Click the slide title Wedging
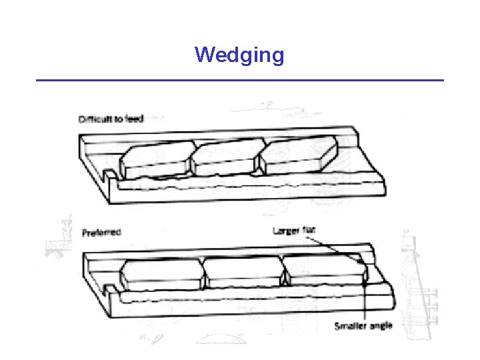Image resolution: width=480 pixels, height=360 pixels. pyautogui.click(x=239, y=54)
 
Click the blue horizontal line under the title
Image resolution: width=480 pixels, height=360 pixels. pyautogui.click(x=239, y=80)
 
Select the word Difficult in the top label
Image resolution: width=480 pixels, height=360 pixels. pyautogui.click(x=94, y=120)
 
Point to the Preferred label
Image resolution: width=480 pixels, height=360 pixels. pyautogui.click(x=101, y=233)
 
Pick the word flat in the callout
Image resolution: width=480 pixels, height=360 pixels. pyautogui.click(x=309, y=231)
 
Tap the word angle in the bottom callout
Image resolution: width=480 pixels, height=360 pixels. pyautogui.click(x=380, y=326)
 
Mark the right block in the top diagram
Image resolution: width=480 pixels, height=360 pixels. pyautogui.click(x=297, y=155)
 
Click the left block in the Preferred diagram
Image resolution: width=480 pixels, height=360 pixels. pyautogui.click(x=161, y=273)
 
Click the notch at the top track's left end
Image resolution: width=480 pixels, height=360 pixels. pyautogui.click(x=107, y=175)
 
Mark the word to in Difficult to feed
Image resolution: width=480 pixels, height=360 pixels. pyautogui.click(x=117, y=120)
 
